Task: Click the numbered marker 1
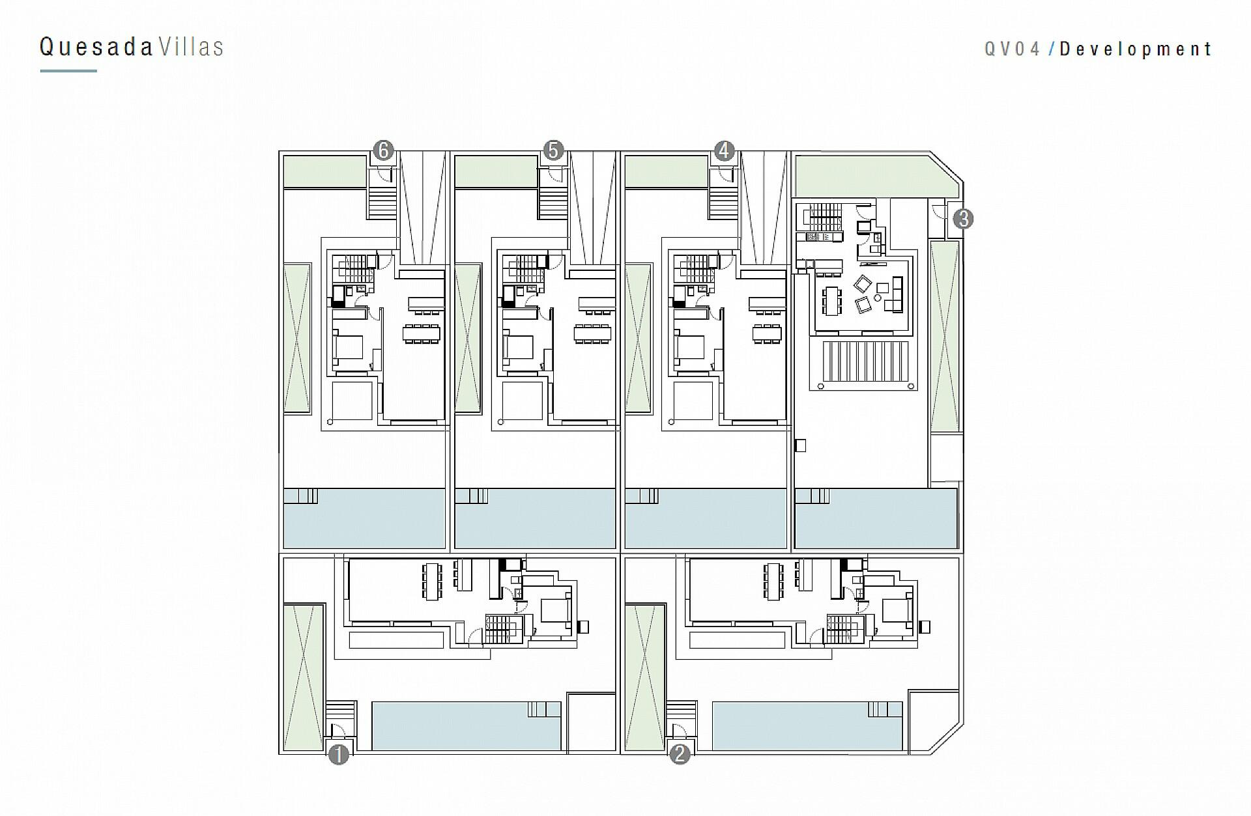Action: click(x=339, y=755)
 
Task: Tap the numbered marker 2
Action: click(x=680, y=755)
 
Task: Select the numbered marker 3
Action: click(x=963, y=219)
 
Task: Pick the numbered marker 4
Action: click(x=724, y=151)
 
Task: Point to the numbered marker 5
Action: click(x=553, y=151)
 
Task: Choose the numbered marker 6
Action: click(x=383, y=151)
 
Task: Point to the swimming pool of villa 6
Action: click(x=364, y=518)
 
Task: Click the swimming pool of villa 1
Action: click(x=467, y=726)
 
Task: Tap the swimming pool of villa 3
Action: click(x=876, y=518)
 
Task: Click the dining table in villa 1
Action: click(x=432, y=581)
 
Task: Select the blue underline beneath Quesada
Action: click(x=68, y=71)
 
